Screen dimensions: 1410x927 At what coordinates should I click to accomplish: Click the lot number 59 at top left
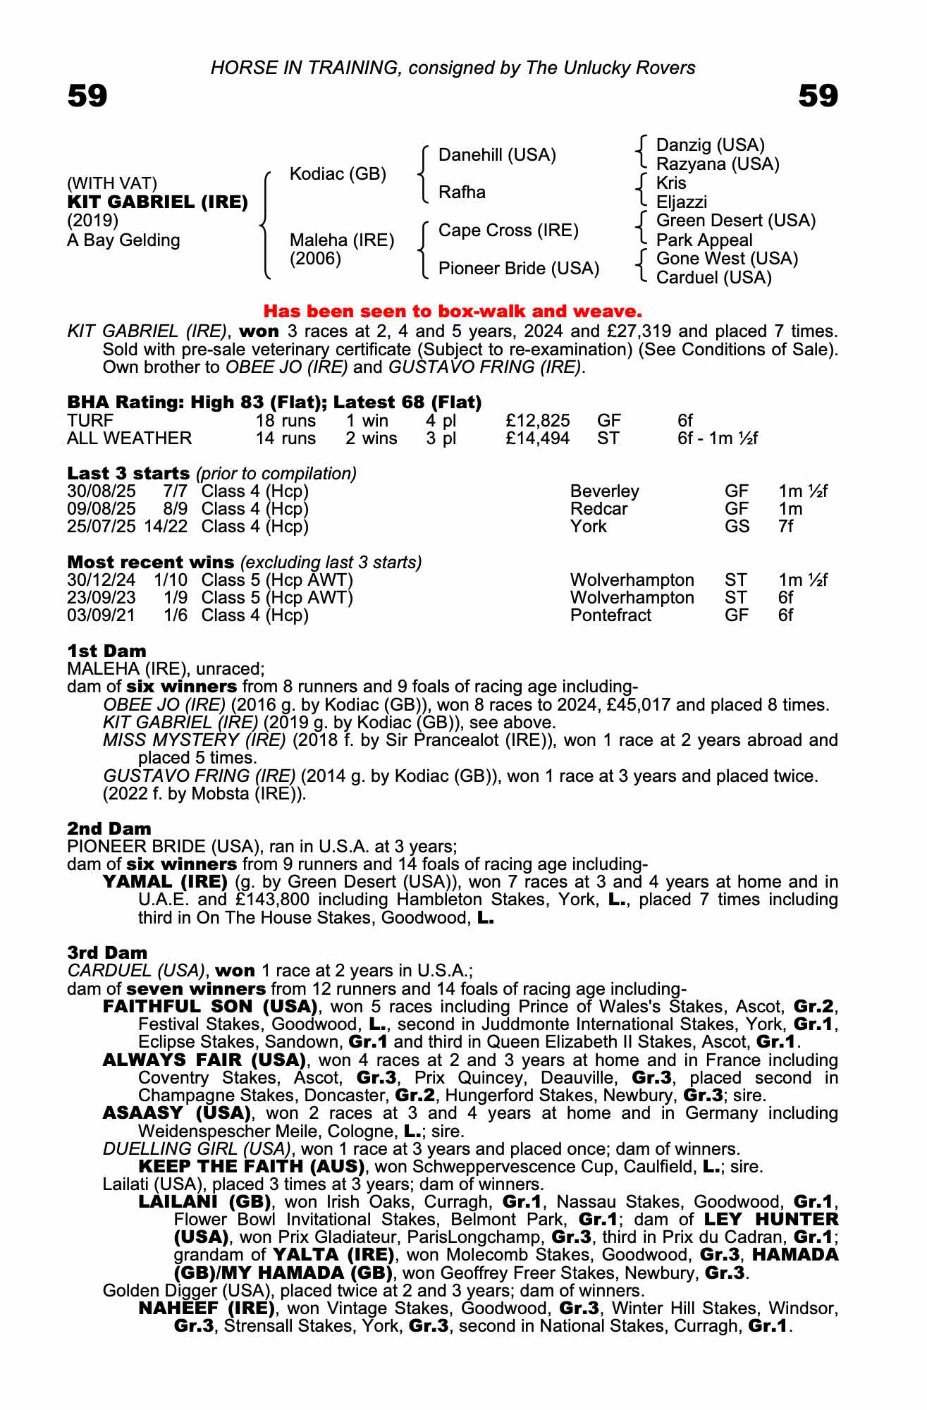87,96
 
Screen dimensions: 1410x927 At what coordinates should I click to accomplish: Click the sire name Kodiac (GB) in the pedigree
338,174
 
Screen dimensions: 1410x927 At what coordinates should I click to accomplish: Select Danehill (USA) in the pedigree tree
497,155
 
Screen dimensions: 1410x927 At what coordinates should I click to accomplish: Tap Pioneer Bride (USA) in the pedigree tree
518,269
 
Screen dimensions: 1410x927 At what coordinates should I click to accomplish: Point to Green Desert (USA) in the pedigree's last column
735,221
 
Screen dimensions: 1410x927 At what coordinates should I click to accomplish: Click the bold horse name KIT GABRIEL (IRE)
157,202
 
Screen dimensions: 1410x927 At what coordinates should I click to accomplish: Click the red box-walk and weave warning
453,311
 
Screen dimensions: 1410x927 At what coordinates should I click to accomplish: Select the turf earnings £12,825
537,421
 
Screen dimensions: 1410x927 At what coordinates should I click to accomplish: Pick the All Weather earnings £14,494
537,439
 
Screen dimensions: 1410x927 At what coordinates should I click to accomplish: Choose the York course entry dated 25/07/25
588,527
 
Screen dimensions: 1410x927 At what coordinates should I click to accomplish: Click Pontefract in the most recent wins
610,615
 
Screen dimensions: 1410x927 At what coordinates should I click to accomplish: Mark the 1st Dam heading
106,651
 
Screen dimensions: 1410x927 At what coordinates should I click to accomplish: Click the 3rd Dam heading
107,952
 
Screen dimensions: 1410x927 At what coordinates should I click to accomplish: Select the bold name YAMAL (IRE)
165,882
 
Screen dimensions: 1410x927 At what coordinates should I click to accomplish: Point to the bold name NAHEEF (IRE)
207,1308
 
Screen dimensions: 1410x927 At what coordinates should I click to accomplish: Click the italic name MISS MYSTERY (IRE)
195,740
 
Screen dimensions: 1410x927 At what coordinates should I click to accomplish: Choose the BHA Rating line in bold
274,403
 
